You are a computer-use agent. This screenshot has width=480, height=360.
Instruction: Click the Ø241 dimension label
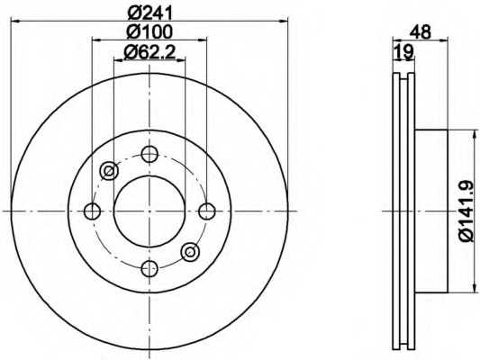149,13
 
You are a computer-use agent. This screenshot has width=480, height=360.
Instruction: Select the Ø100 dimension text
149,31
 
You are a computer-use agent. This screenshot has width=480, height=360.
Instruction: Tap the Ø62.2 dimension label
149,52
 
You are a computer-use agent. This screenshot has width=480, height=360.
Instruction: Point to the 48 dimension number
421,31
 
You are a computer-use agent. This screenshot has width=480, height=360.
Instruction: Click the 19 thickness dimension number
403,51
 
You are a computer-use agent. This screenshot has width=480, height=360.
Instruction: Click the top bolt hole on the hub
149,154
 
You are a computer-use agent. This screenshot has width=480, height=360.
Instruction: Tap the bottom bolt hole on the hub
149,268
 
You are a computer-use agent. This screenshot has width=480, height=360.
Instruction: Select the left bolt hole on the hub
92,211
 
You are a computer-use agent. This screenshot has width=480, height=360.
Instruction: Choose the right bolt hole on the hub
207,211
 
